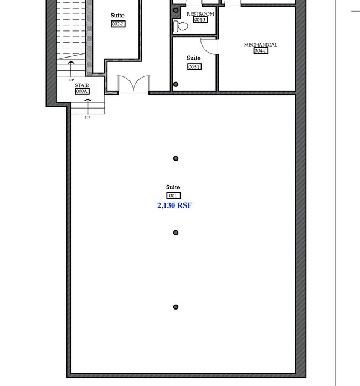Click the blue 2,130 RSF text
tap(174, 205)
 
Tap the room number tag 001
tap(173, 195)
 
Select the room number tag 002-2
tap(118, 24)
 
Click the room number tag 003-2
tap(194, 66)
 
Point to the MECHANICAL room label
tap(260, 45)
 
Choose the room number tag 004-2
tap(260, 51)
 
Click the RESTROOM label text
tap(200, 14)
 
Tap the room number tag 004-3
tap(200, 20)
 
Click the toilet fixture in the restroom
tap(181, 26)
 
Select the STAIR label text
tap(82, 85)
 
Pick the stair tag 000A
tap(82, 91)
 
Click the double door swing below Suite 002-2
tap(133, 83)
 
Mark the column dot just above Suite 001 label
tap(176, 158)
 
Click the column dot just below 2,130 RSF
tap(176, 233)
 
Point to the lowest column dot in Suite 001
tap(176, 307)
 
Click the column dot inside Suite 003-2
tap(176, 84)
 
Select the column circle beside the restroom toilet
tap(176, 10)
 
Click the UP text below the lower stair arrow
tap(88, 117)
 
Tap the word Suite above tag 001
tap(173, 187)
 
